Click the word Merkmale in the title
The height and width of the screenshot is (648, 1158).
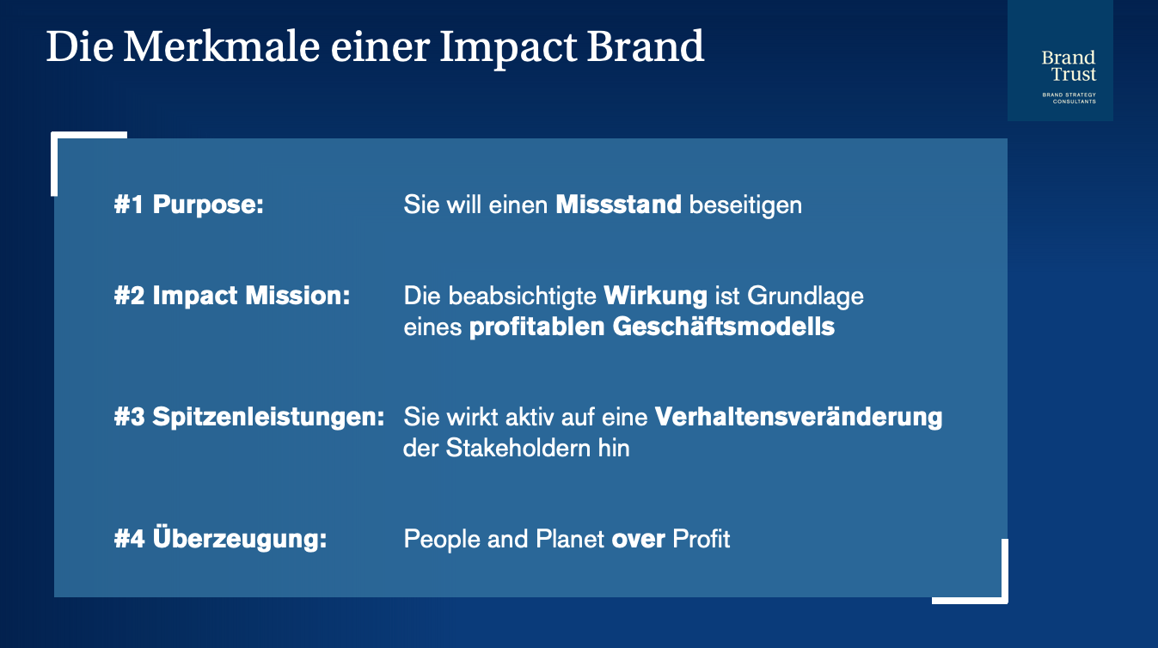[x=221, y=47]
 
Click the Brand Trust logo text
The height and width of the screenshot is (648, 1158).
[x=1069, y=65]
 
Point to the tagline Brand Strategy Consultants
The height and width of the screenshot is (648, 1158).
[x=1069, y=98]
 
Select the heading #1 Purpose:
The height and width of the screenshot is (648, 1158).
[x=188, y=205]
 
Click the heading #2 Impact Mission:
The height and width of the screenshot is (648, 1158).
[x=232, y=296]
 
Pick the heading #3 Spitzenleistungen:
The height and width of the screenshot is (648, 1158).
[x=249, y=417]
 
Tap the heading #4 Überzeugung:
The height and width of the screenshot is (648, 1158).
[x=220, y=538]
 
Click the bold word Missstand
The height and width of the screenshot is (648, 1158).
[x=618, y=205]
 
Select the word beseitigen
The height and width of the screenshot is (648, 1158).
[x=745, y=205]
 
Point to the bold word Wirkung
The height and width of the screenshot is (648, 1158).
[x=655, y=296]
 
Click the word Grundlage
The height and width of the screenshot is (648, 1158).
[x=806, y=296]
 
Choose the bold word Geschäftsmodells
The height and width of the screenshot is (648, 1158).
[x=724, y=327]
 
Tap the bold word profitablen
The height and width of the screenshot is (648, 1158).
[x=536, y=327]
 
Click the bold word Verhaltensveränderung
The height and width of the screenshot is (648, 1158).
[x=799, y=417]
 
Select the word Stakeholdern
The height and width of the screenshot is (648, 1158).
[x=518, y=448]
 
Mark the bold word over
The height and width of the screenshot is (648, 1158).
[x=639, y=540]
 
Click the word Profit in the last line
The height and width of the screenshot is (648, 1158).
[x=701, y=539]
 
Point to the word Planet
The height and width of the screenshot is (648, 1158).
[x=570, y=539]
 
